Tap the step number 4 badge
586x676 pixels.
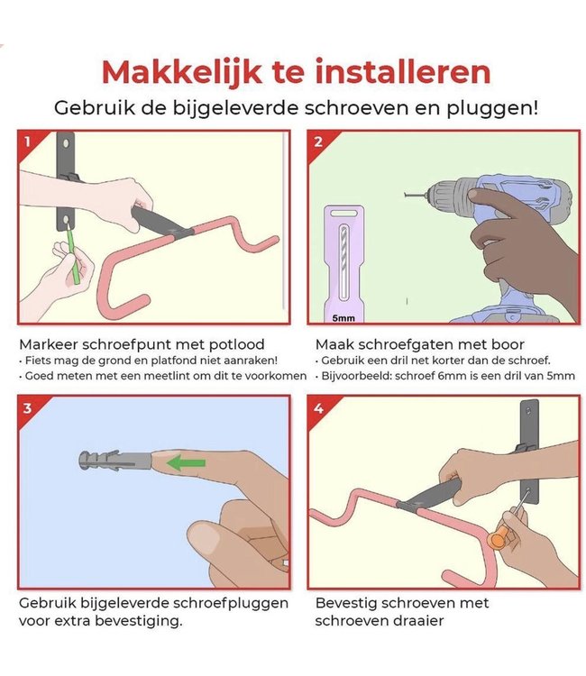click(x=317, y=407)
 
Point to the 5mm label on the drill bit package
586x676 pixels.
click(x=342, y=317)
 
